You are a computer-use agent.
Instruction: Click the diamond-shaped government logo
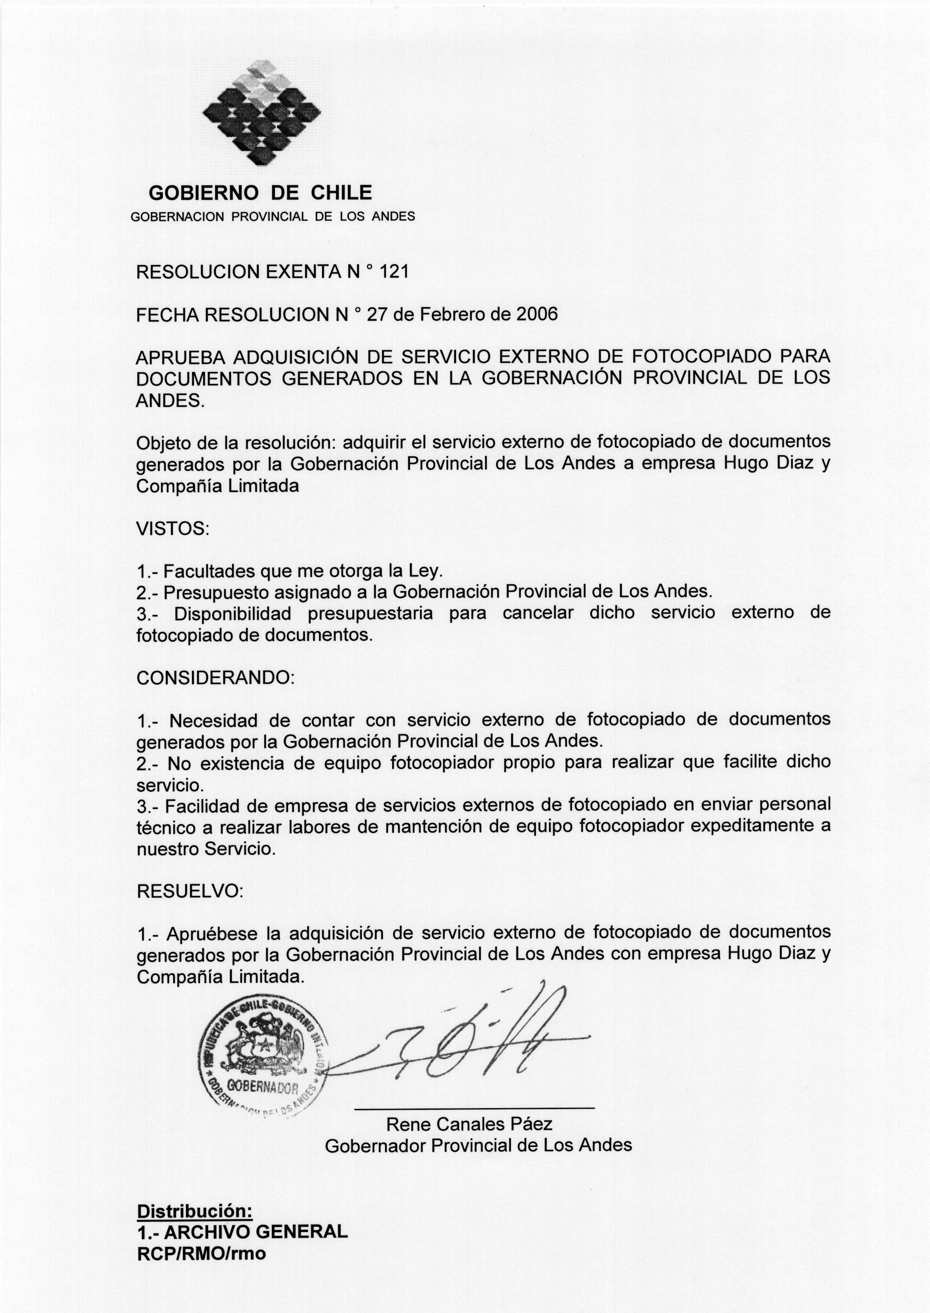pyautogui.click(x=262, y=112)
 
